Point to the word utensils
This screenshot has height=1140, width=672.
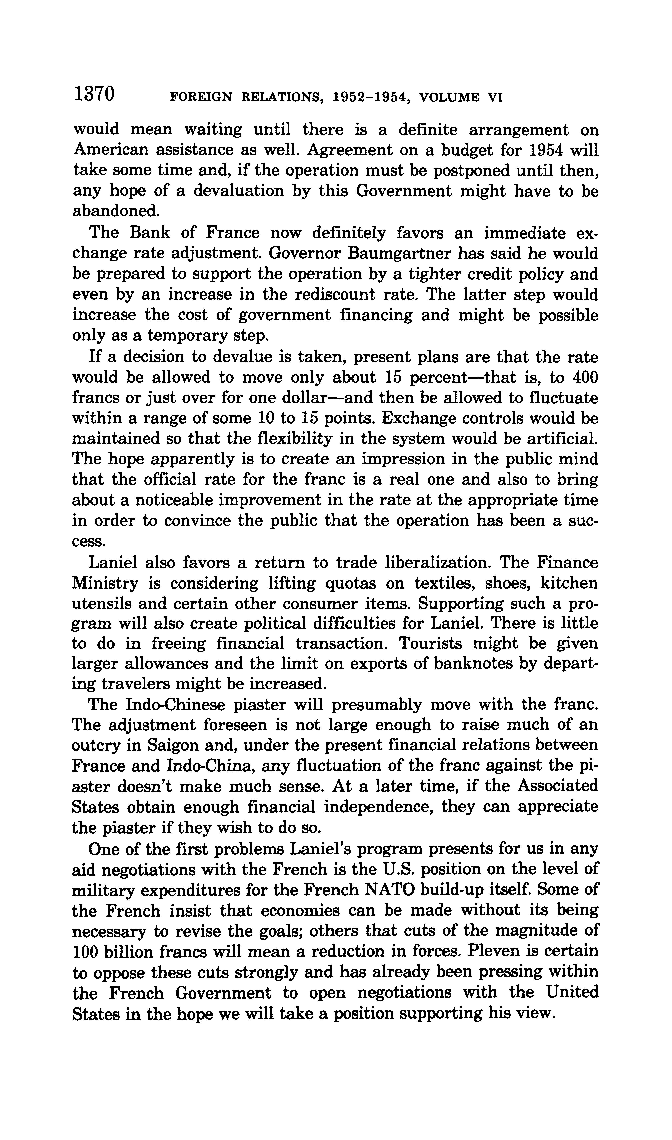pos(102,604)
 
